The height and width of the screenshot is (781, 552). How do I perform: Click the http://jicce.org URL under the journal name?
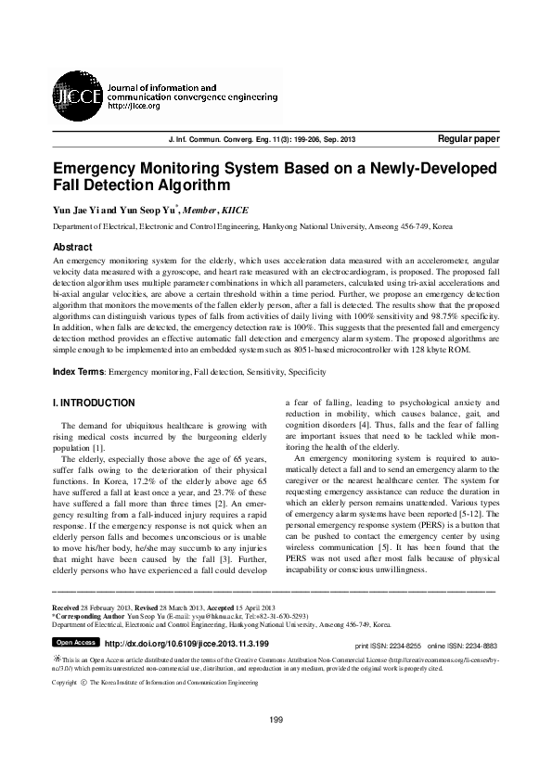[x=135, y=105]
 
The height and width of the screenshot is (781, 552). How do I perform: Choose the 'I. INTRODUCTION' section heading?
[x=94, y=403]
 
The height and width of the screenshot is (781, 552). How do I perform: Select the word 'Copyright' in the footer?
[x=64, y=682]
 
